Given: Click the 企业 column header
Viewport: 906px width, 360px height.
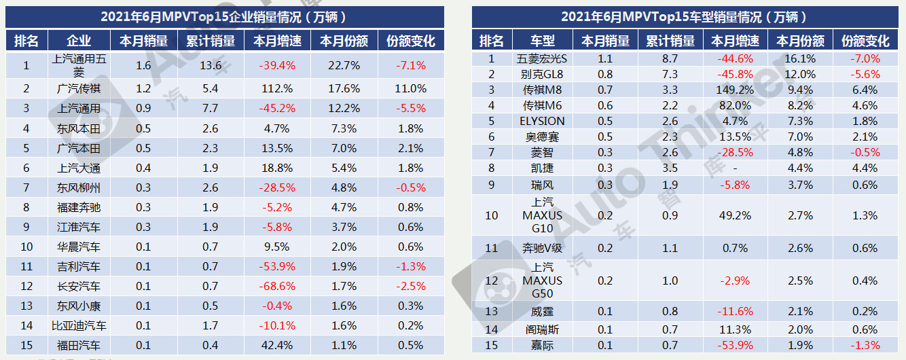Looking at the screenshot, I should point(79,41).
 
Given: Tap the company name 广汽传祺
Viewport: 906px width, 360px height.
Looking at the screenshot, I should point(79,88).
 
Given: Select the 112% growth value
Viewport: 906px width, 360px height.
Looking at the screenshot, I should point(276,88).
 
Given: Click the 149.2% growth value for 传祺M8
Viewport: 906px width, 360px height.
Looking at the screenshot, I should point(736,90).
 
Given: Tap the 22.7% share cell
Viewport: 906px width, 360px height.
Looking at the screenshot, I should point(344,66).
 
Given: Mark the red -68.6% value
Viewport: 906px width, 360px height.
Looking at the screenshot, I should point(276,287).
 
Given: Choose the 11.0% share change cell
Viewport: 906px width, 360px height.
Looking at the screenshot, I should point(410,88).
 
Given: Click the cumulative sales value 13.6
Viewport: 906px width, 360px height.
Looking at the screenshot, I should point(211,66).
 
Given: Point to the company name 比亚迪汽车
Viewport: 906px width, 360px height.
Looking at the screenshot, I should point(79,326).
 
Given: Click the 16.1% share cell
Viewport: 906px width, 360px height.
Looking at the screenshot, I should point(801,58).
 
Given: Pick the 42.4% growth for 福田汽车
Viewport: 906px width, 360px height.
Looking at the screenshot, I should point(276,346).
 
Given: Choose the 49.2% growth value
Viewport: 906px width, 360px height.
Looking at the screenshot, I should point(736,215).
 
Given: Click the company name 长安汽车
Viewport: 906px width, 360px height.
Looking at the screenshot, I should point(79,287).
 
